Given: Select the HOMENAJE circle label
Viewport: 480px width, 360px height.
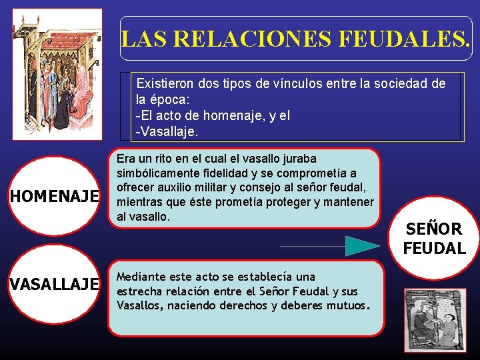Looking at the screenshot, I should point(53,196).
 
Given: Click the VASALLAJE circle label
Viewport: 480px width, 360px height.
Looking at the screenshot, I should point(53,284).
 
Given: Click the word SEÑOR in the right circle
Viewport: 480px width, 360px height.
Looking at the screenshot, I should point(434,229).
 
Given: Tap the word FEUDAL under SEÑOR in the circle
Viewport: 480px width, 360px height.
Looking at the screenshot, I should point(434,249).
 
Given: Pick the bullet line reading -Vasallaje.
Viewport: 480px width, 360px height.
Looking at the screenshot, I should point(167,132).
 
